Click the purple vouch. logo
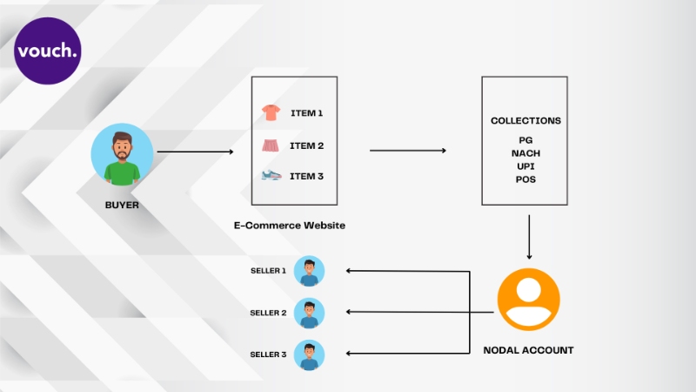pyautogui.click(x=48, y=51)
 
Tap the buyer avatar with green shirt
pyautogui.click(x=122, y=155)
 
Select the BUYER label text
pyautogui.click(x=122, y=205)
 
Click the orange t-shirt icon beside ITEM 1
pyautogui.click(x=271, y=112)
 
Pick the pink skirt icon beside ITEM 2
pyautogui.click(x=271, y=145)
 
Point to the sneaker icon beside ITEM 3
pyautogui.click(x=271, y=176)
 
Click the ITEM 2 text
pyautogui.click(x=307, y=145)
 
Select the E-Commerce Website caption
pyautogui.click(x=290, y=226)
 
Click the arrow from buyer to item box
pyautogui.click(x=195, y=152)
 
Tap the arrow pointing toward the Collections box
pyautogui.click(x=408, y=151)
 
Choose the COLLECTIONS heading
pyautogui.click(x=525, y=120)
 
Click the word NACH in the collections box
pyautogui.click(x=525, y=153)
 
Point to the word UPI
pyautogui.click(x=525, y=166)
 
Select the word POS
pyautogui.click(x=525, y=179)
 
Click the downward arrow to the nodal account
pyautogui.click(x=529, y=237)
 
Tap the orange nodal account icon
pyautogui.click(x=529, y=300)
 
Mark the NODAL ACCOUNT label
pyautogui.click(x=528, y=350)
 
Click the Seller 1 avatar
pyautogui.click(x=310, y=271)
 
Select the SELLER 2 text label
pyautogui.click(x=268, y=313)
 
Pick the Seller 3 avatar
pyautogui.click(x=310, y=355)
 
